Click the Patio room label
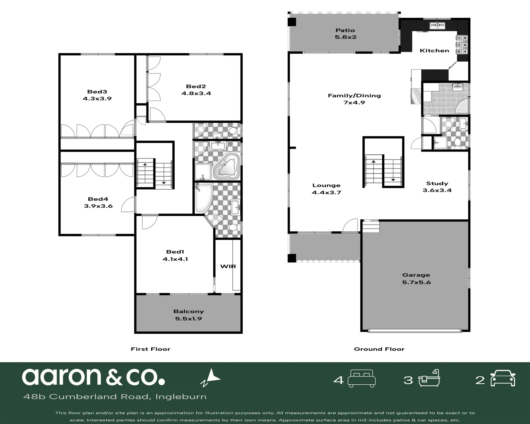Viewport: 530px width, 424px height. pos(345,30)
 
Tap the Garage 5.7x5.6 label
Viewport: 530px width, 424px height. pos(416,278)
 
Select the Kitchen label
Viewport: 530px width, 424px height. pos(434,51)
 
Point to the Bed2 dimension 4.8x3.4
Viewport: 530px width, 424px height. pos(196,93)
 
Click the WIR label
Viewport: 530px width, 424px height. pos(228,266)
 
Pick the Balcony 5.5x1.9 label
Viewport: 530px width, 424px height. pos(188,315)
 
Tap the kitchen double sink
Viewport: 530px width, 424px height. pos(437,26)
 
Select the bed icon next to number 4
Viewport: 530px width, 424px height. pos(362,378)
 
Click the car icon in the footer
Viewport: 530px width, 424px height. pos(503,378)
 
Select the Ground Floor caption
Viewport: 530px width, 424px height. pos(379,349)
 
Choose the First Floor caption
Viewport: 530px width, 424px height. pos(150,349)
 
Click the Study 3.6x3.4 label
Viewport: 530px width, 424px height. pos(437,187)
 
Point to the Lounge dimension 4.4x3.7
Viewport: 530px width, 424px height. pos(326,193)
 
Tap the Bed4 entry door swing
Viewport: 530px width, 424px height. pos(127,205)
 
